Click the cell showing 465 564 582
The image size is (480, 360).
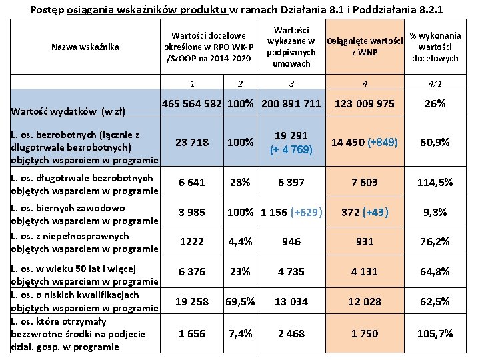coord(193,104)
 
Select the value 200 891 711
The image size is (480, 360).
coord(291,104)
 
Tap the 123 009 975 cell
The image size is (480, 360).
coord(365,104)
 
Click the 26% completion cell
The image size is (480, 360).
coord(435,104)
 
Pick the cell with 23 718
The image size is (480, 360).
coord(193,142)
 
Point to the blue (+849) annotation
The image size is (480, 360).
coord(382,142)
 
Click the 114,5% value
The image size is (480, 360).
coord(435,182)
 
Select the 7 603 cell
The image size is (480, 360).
coord(365,182)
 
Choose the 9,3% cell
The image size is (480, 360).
coord(435,212)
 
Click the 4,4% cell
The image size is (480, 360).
coord(240,241)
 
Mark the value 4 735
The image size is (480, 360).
coord(291,271)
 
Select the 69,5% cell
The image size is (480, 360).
coord(240,301)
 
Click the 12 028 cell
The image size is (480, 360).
coord(365,301)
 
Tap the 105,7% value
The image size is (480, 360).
coord(435,333)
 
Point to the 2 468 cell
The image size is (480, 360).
coord(291,333)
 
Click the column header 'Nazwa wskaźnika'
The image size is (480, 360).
coord(85,47)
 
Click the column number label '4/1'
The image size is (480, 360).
coord(435,84)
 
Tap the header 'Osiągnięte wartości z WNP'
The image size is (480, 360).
coord(365,47)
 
